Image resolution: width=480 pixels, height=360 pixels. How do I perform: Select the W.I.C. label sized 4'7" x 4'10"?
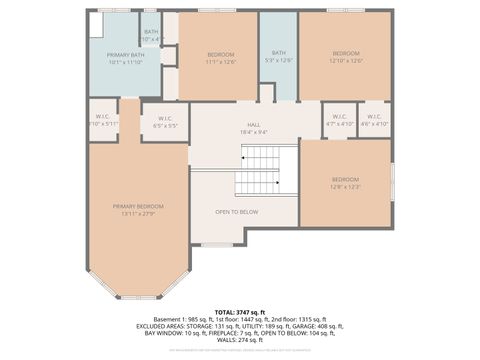[x=339, y=119]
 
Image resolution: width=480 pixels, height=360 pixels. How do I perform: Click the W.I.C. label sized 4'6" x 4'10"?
[x=374, y=119]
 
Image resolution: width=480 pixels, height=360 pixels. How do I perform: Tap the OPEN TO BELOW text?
[x=237, y=212]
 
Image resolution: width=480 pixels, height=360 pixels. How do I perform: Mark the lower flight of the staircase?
[x=257, y=183]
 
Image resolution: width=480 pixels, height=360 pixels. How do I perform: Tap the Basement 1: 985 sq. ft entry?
[x=170, y=319]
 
